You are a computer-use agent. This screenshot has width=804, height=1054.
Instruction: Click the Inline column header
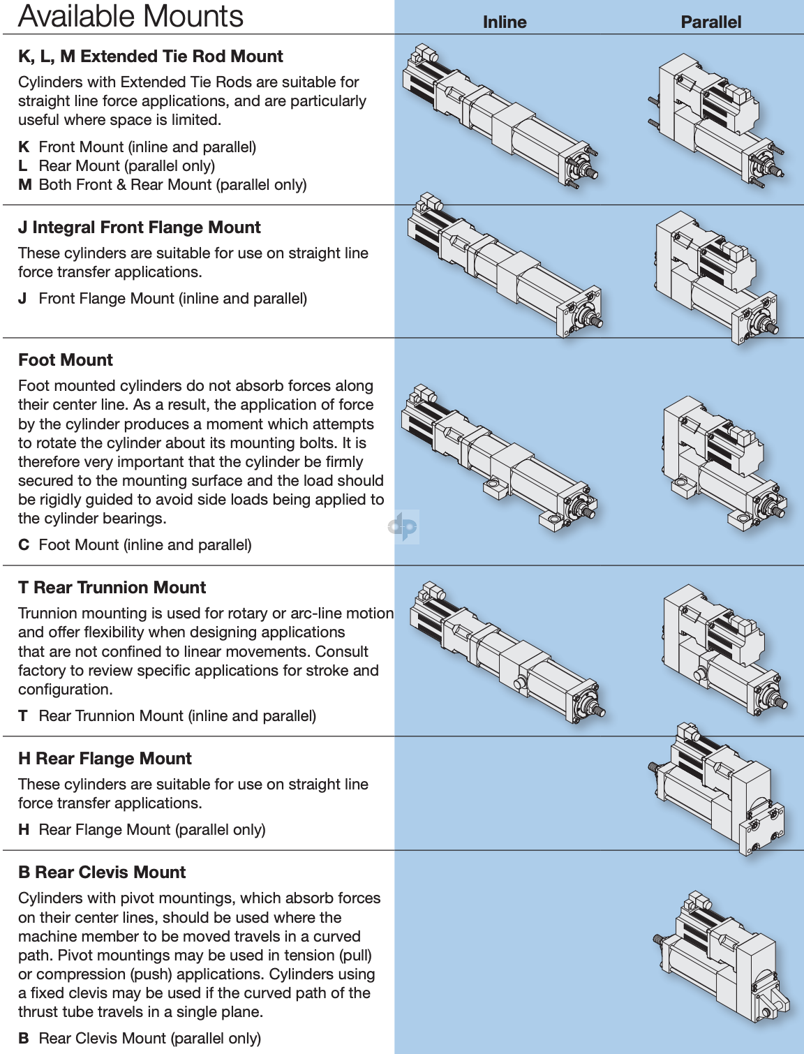(x=504, y=22)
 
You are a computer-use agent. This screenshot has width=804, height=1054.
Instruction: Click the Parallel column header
(x=710, y=22)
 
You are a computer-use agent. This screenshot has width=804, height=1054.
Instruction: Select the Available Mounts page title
(x=131, y=16)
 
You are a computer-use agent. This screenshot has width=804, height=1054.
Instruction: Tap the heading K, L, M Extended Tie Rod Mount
(x=151, y=57)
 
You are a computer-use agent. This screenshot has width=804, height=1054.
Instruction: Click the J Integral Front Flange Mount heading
(x=140, y=228)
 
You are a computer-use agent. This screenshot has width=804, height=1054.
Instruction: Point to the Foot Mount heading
(x=66, y=360)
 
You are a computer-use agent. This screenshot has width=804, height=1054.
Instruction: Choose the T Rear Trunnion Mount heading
(x=112, y=588)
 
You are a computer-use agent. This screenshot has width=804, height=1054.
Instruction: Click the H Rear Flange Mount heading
(x=105, y=759)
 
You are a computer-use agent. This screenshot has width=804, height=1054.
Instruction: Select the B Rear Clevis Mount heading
(x=102, y=873)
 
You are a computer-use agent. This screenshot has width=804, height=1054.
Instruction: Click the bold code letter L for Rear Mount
(x=23, y=166)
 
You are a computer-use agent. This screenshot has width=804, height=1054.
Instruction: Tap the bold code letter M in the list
(x=25, y=185)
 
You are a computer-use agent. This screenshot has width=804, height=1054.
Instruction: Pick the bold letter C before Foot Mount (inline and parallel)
(x=24, y=545)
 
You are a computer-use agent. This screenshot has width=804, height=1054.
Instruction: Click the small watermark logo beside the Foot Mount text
(x=403, y=526)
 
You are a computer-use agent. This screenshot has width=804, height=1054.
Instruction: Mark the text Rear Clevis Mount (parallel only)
(x=150, y=1039)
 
